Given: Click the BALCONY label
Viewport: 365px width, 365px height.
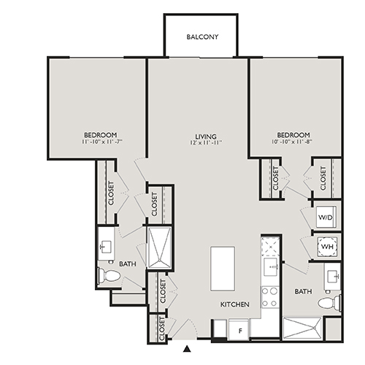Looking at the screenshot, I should [201, 36].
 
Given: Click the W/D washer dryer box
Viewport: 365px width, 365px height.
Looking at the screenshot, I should [325, 218].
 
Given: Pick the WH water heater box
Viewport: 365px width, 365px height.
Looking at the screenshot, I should [325, 246].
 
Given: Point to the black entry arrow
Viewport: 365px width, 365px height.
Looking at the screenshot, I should [188, 349].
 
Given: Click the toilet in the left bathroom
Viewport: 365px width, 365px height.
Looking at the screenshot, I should [109, 276].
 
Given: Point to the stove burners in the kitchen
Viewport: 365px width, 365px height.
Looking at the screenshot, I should [269, 296].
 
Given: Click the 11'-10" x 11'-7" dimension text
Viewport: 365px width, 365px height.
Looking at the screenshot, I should [101, 142].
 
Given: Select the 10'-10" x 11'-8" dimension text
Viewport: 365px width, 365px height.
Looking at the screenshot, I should [294, 142].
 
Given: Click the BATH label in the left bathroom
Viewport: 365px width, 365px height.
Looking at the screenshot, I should [128, 264].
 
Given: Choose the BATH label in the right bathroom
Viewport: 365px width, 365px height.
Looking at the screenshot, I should [303, 291].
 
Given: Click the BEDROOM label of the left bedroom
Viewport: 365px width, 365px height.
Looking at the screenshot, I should [100, 135].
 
